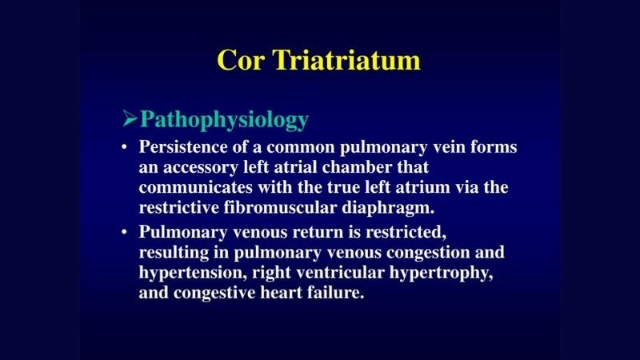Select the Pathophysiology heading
224,119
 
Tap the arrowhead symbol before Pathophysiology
130,119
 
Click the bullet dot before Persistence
124,149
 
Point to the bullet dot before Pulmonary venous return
124,232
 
